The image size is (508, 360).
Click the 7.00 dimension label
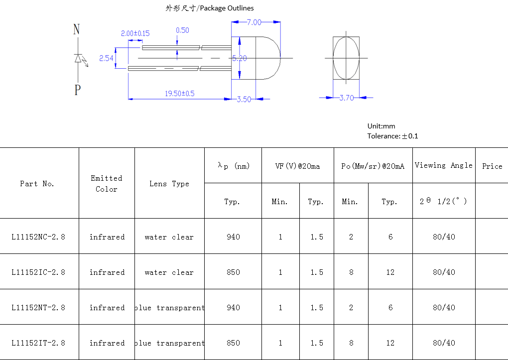click(254, 22)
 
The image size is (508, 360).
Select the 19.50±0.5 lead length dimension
click(180, 93)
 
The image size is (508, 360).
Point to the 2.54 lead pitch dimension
click(106, 58)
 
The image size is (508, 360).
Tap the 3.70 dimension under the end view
click(346, 98)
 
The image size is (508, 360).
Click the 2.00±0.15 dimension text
click(135, 33)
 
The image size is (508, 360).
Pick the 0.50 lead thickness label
click(182, 30)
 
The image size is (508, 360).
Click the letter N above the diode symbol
click(76, 29)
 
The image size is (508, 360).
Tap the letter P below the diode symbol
click(77, 90)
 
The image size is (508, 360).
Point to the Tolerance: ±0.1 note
click(393, 136)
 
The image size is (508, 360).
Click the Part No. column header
click(37, 184)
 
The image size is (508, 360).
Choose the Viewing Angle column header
click(443, 165)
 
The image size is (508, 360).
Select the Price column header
click(492, 166)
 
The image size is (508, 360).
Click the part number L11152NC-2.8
click(38, 237)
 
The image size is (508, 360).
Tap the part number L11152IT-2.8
click(38, 343)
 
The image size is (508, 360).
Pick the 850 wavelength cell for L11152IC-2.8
click(233, 272)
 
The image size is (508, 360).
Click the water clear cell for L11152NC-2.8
click(169, 237)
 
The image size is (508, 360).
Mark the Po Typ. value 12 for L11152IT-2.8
click(390, 343)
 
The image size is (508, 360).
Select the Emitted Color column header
click(107, 183)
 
